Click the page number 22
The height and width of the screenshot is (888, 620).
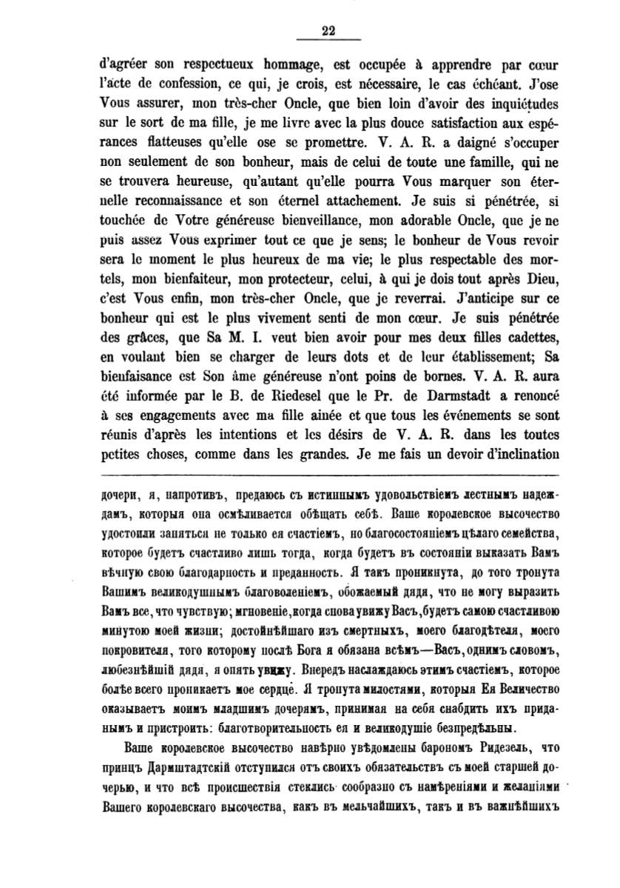point(329,30)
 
